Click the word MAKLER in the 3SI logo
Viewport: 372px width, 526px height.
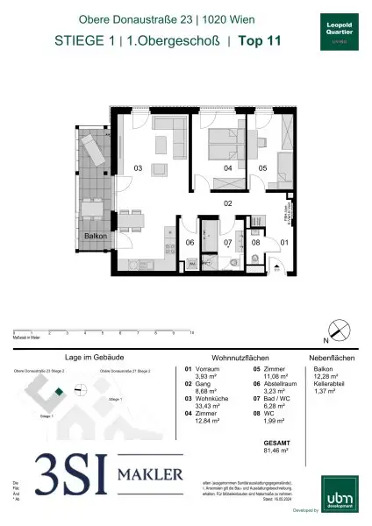click(x=151, y=476)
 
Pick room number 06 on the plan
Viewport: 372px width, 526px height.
click(x=189, y=243)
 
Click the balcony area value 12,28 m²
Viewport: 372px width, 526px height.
click(x=330, y=378)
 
